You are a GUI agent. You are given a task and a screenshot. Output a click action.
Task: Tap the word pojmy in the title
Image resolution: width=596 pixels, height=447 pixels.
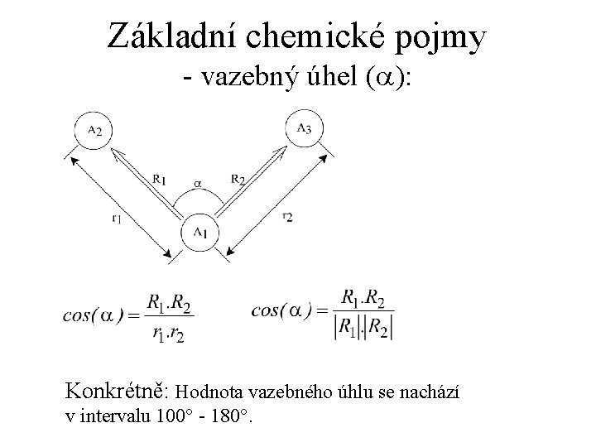pos(445,37)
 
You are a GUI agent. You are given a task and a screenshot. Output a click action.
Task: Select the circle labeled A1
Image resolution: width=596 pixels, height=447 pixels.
pos(199,231)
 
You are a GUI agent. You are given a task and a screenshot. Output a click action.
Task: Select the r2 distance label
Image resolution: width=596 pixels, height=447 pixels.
pos(286,216)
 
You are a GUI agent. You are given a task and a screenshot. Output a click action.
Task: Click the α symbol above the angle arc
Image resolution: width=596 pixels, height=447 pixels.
pos(197,179)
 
